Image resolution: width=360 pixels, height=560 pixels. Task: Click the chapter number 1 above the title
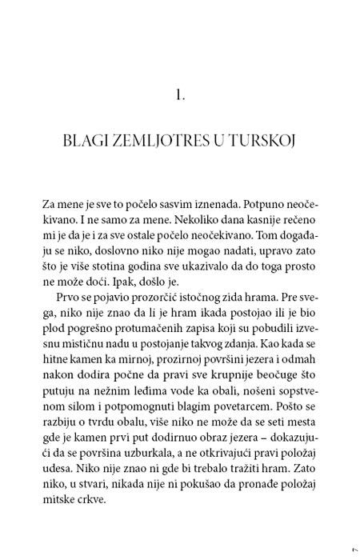coord(179,96)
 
